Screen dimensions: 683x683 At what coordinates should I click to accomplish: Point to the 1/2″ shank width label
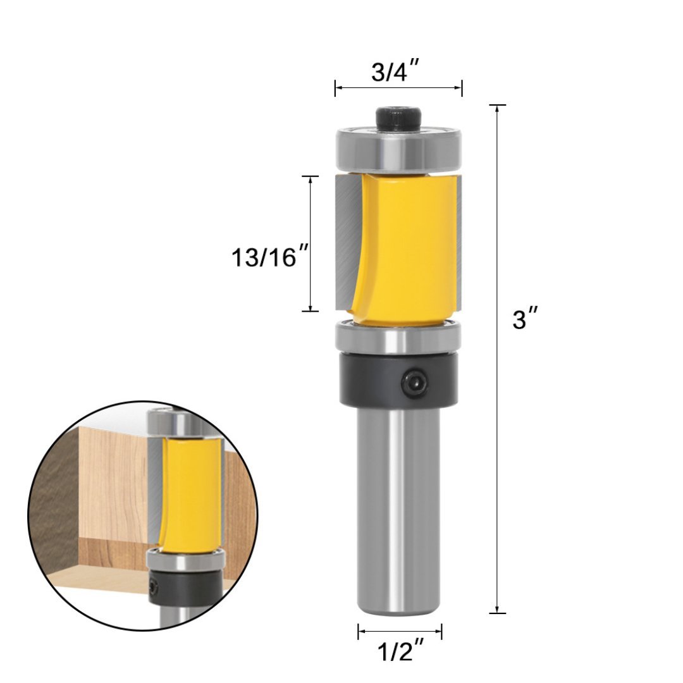pos(399,651)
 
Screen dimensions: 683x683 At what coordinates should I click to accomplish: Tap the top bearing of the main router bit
pos(398,149)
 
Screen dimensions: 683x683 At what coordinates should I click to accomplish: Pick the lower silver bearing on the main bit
pos(398,338)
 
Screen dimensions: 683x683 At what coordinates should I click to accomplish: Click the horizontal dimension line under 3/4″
pos(398,88)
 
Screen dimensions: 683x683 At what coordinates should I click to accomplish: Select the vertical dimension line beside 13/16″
pos(311,243)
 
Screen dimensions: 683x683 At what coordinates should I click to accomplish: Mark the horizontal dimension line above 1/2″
pos(399,631)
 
